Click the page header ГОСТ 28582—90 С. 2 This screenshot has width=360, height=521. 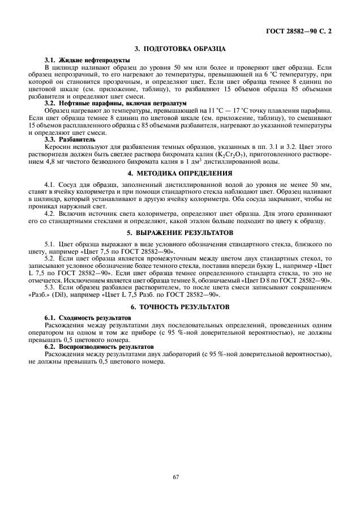pos(298,32)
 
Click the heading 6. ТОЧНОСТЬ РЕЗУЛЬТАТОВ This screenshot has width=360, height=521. pos(180,307)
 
